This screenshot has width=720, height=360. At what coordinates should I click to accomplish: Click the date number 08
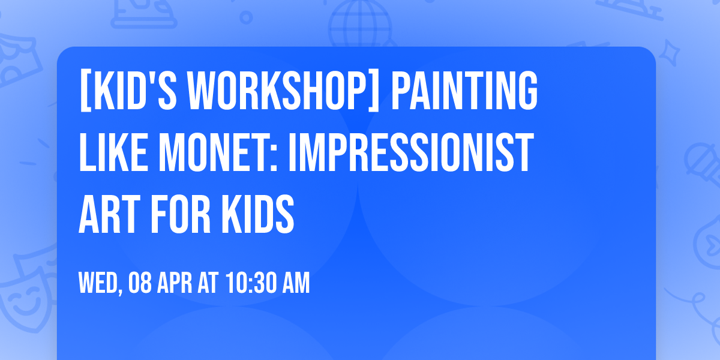139,283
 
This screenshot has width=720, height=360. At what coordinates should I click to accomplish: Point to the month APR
175,283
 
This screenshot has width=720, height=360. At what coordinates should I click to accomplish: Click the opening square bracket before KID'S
85,91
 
